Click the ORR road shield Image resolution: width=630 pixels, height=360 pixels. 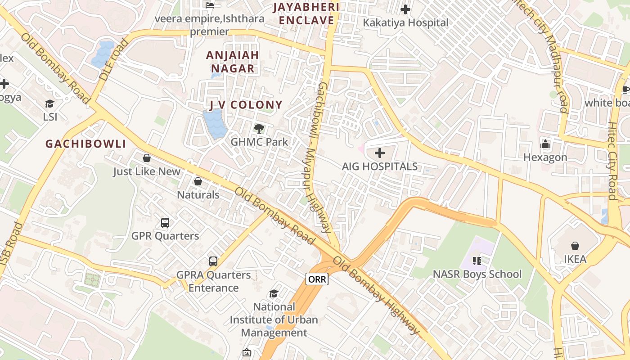[317, 279]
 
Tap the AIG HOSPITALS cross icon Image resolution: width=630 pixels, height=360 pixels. [380, 153]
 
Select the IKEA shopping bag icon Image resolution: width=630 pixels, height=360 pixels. [575, 246]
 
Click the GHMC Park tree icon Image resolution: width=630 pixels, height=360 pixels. [259, 129]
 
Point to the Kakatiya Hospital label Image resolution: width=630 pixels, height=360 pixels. [406, 22]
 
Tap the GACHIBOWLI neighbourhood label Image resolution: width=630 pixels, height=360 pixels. [85, 144]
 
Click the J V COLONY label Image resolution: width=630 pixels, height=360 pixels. [246, 105]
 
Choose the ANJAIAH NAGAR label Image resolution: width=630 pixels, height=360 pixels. [233, 62]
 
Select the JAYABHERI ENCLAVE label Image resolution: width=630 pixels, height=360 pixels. [306, 13]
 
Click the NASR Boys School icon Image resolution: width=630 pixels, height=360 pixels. [477, 261]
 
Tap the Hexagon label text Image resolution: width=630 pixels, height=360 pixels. [545, 157]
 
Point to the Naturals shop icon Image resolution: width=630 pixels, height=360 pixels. [198, 181]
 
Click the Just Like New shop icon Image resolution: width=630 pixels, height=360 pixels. [146, 158]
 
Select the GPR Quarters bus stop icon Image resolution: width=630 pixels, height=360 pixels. [165, 222]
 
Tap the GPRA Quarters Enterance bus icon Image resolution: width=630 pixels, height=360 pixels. [213, 261]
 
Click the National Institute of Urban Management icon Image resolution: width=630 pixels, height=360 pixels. [274, 294]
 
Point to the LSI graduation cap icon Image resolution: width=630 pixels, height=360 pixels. [49, 104]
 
